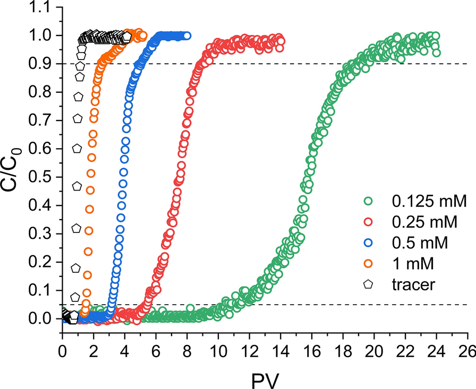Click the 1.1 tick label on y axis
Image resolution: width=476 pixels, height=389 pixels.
[x=44, y=7]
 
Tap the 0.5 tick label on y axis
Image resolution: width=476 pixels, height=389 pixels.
[x=44, y=177]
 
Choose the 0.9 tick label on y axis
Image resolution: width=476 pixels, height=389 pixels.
[x=44, y=64]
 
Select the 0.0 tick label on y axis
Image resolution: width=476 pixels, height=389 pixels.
[x=44, y=318]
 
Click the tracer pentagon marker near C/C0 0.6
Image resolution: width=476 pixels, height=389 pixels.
[x=76, y=149]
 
